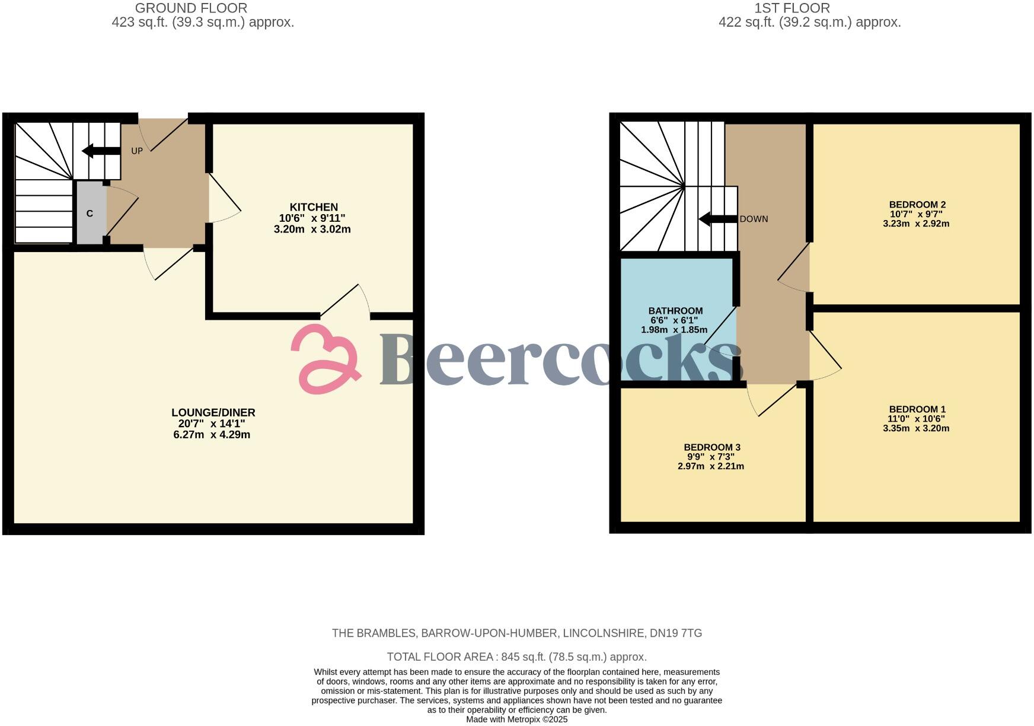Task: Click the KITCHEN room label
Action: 314,207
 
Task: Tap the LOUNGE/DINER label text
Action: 213,413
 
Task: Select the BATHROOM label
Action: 675,311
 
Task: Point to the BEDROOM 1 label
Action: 917,409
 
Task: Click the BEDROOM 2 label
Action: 917,205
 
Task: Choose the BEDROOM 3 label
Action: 712,447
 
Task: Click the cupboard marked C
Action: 90,213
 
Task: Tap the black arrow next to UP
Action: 101,151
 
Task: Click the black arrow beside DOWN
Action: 718,219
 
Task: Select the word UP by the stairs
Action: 137,151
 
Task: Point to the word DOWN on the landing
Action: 754,219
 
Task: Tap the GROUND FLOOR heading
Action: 191,8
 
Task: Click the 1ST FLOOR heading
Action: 792,8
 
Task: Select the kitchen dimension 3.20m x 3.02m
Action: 312,230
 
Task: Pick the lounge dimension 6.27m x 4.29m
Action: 212,435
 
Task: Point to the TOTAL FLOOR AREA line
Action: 516,657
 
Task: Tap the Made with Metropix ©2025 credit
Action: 516,719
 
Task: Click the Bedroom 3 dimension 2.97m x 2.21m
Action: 711,466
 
